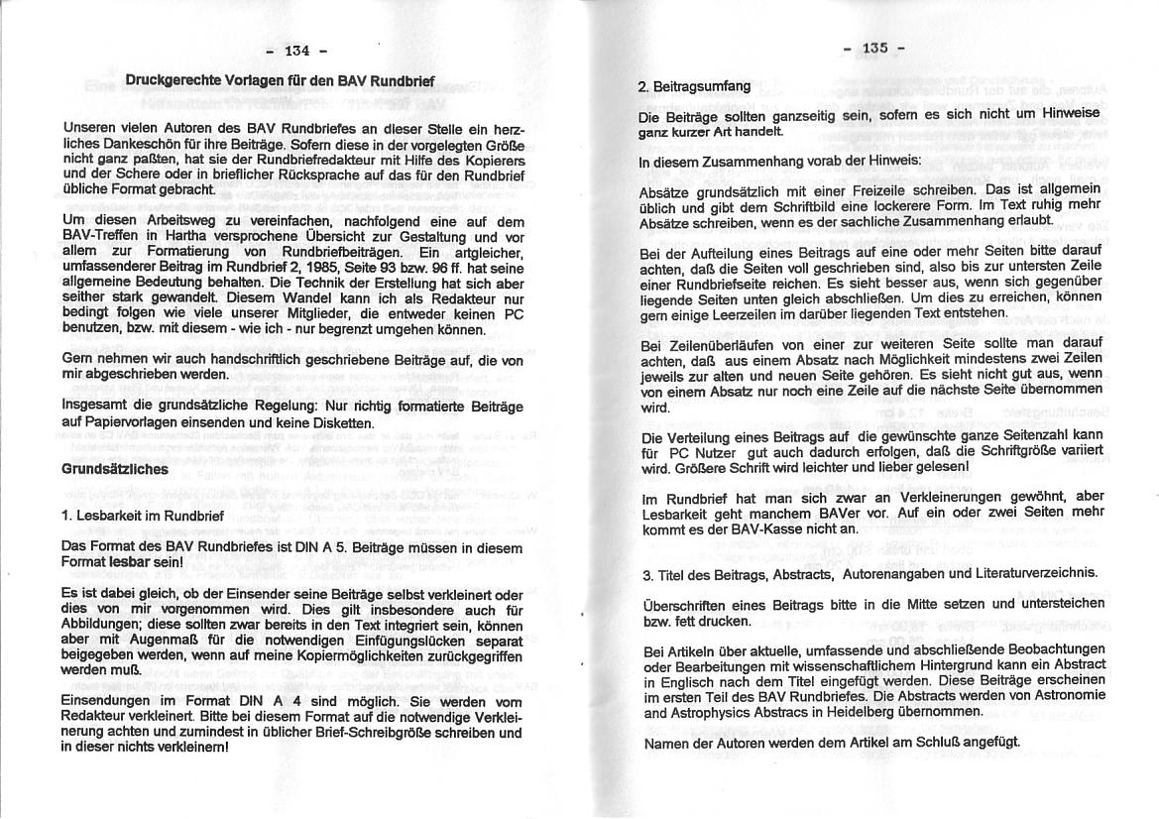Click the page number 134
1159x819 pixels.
[x=296, y=50]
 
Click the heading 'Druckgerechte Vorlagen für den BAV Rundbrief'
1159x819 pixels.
[x=280, y=79]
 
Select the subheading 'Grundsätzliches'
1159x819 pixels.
[x=115, y=469]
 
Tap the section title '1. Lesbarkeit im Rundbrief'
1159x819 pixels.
[x=142, y=516]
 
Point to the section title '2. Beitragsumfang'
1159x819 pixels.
[x=694, y=86]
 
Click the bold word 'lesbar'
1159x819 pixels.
[x=132, y=561]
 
